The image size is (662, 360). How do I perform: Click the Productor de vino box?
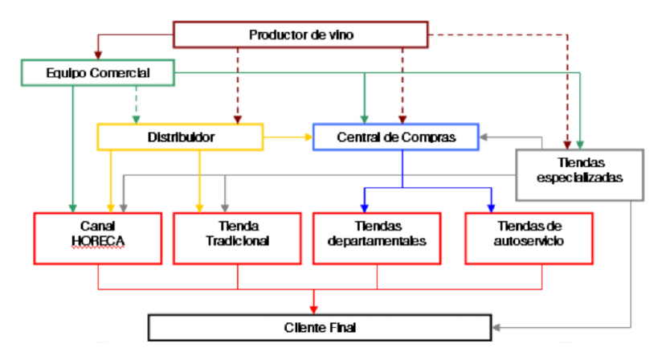[x=300, y=35]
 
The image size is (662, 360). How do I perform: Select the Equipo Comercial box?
[x=96, y=74]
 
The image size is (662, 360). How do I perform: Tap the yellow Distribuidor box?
[x=181, y=137]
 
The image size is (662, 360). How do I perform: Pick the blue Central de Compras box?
[x=395, y=137]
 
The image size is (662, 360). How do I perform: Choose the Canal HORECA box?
[x=97, y=238]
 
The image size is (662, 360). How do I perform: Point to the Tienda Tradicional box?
[x=237, y=238]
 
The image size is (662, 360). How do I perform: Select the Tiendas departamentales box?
[x=377, y=238]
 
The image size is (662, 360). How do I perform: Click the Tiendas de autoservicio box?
[x=529, y=238]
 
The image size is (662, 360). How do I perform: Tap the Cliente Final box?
[x=319, y=328]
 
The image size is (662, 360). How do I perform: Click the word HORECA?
[x=97, y=241]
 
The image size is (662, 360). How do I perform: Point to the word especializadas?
[x=578, y=178]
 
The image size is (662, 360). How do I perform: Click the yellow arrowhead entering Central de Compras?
[x=308, y=137]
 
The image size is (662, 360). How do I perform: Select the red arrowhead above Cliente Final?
[x=313, y=309]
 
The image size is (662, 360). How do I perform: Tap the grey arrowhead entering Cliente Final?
[x=496, y=328]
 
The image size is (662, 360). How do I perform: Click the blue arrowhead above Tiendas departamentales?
[x=364, y=207]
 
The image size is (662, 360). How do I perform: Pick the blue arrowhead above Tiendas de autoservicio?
[x=490, y=207]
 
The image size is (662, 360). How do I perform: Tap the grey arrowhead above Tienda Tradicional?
[x=225, y=207]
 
